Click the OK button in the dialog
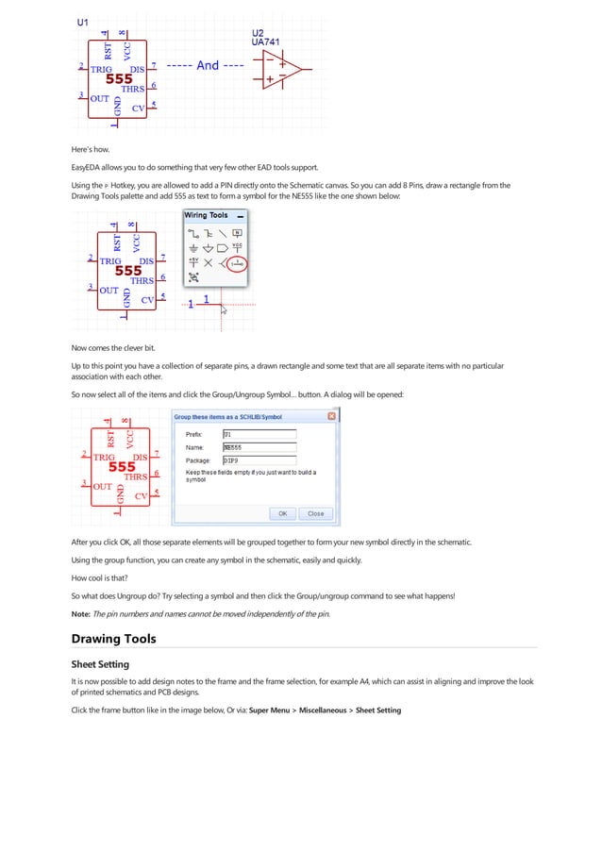tap(281, 513)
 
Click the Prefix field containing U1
tap(259, 434)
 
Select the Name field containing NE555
tap(259, 447)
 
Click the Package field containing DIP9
tap(259, 460)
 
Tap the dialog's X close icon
tap(331, 416)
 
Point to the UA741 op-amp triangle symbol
tap(281, 68)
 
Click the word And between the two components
tap(208, 66)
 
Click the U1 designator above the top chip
tap(83, 21)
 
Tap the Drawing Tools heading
tap(115, 639)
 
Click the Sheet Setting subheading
tap(100, 664)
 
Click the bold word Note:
tap(81, 614)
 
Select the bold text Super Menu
tap(271, 710)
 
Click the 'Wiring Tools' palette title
tap(206, 215)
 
